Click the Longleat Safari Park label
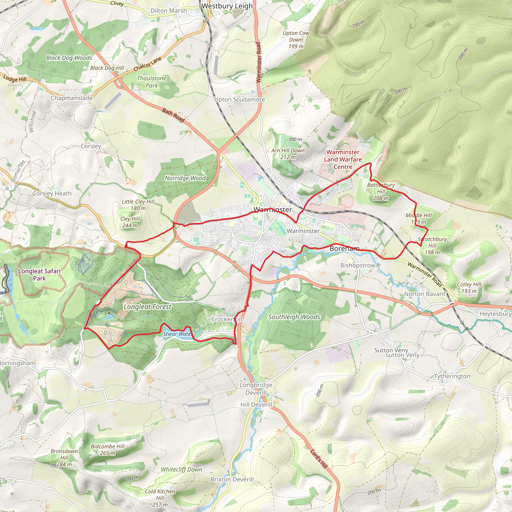[39, 274]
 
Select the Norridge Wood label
[185, 178]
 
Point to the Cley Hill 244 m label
[130, 222]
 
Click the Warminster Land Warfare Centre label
[343, 159]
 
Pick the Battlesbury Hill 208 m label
[381, 191]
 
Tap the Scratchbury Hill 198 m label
[432, 246]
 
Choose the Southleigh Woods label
[294, 317]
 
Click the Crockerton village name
[226, 319]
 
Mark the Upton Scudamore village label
[239, 99]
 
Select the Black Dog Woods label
[69, 58]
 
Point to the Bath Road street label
[173, 115]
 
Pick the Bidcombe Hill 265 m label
[107, 450]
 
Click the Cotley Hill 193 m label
[469, 287]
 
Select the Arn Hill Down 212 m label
[288, 154]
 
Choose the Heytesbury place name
[495, 314]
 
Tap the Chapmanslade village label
[71, 98]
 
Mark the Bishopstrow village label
[357, 265]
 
